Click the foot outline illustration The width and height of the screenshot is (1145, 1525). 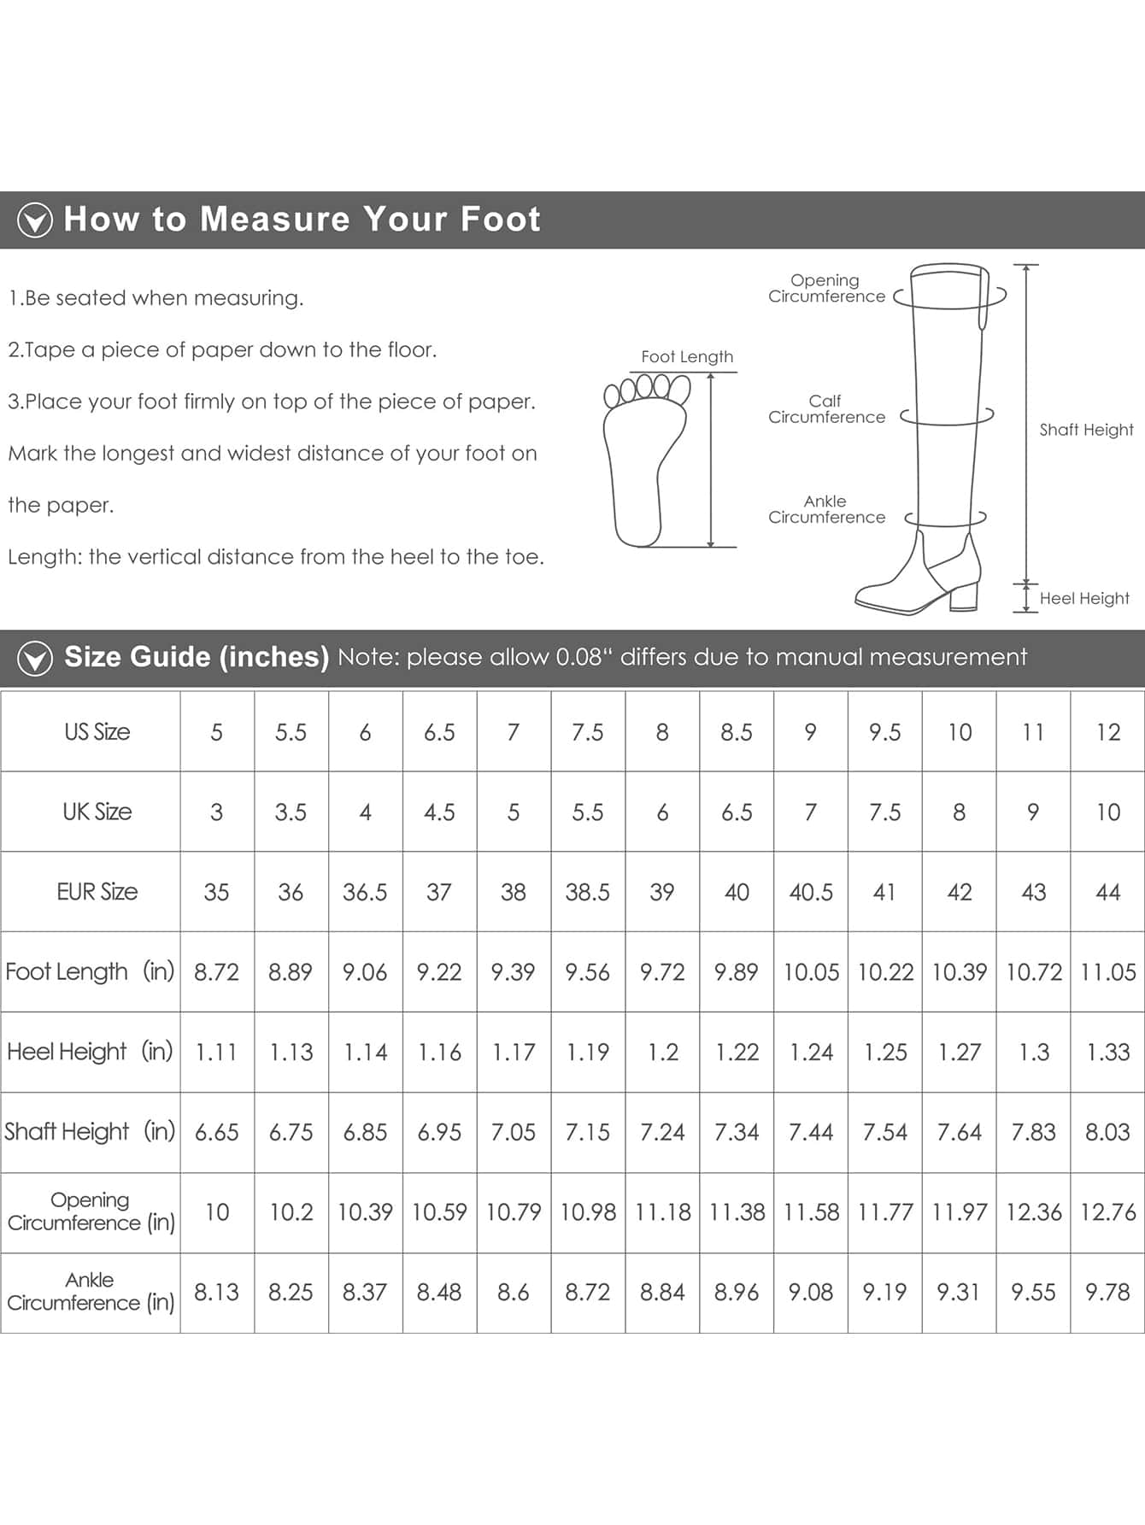tap(645, 461)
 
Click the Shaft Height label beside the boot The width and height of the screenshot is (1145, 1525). tap(1086, 430)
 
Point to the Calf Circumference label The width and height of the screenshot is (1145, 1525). tap(826, 409)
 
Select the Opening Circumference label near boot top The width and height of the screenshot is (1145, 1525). tap(826, 288)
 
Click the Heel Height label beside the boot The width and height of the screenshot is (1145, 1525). tap(1084, 599)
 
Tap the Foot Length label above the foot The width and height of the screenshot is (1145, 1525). tap(687, 357)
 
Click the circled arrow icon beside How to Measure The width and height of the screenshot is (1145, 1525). tap(35, 220)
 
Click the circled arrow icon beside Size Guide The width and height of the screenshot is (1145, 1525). tap(35, 659)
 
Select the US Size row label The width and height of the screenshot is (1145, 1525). tap(97, 732)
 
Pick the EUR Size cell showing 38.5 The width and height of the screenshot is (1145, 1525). tap(588, 893)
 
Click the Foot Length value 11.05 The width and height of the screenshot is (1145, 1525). tap(1108, 972)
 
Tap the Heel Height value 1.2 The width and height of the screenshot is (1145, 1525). tap(662, 1053)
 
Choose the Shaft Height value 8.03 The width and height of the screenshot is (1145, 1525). tap(1107, 1133)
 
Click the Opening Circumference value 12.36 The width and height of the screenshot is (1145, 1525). tap(1034, 1212)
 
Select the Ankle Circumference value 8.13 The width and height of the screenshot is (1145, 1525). tap(216, 1293)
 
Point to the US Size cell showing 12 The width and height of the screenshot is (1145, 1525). tap(1108, 732)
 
